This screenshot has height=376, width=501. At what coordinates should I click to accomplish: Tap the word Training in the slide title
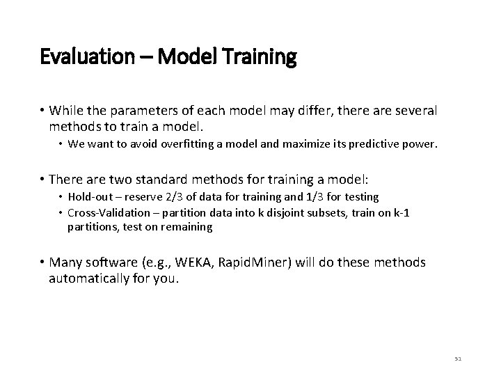260,56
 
